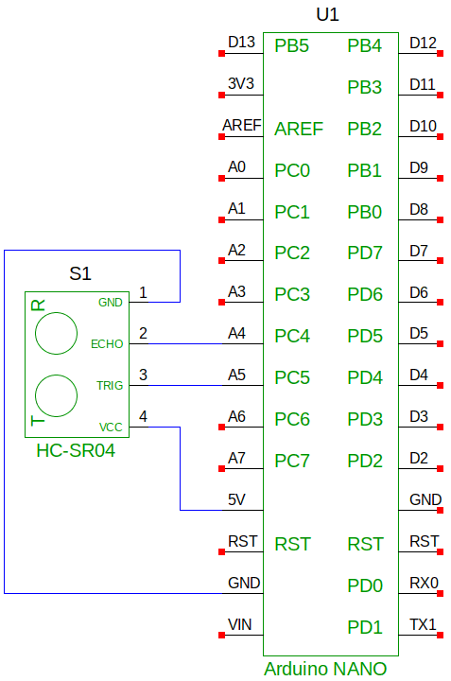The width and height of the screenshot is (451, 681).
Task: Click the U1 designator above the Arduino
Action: click(327, 15)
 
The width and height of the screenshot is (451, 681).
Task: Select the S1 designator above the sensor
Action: click(80, 273)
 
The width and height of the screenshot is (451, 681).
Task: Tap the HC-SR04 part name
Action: click(76, 450)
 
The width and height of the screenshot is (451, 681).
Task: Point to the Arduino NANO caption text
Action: click(325, 669)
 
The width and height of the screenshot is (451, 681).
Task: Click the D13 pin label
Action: click(241, 43)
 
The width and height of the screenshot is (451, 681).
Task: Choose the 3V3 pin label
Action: click(241, 83)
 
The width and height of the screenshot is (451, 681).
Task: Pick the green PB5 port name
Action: click(292, 46)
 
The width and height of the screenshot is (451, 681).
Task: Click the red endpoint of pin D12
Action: click(441, 53)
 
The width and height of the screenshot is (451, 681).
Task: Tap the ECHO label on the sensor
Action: click(107, 344)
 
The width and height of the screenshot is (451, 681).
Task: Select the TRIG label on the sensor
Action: click(110, 386)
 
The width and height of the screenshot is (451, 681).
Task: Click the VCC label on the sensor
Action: click(111, 428)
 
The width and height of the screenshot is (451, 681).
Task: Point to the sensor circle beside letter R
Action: click(56, 312)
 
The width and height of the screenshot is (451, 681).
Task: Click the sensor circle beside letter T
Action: click(56, 375)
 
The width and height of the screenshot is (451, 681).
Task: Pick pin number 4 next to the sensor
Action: click(144, 416)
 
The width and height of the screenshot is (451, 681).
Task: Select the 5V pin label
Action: click(236, 499)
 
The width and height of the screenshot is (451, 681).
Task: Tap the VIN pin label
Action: click(239, 624)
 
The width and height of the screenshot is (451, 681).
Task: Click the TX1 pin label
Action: click(423, 624)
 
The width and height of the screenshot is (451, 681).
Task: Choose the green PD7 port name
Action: click(365, 253)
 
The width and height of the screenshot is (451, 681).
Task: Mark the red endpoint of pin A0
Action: click(222, 178)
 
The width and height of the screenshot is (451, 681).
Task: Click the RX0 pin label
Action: click(425, 583)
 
